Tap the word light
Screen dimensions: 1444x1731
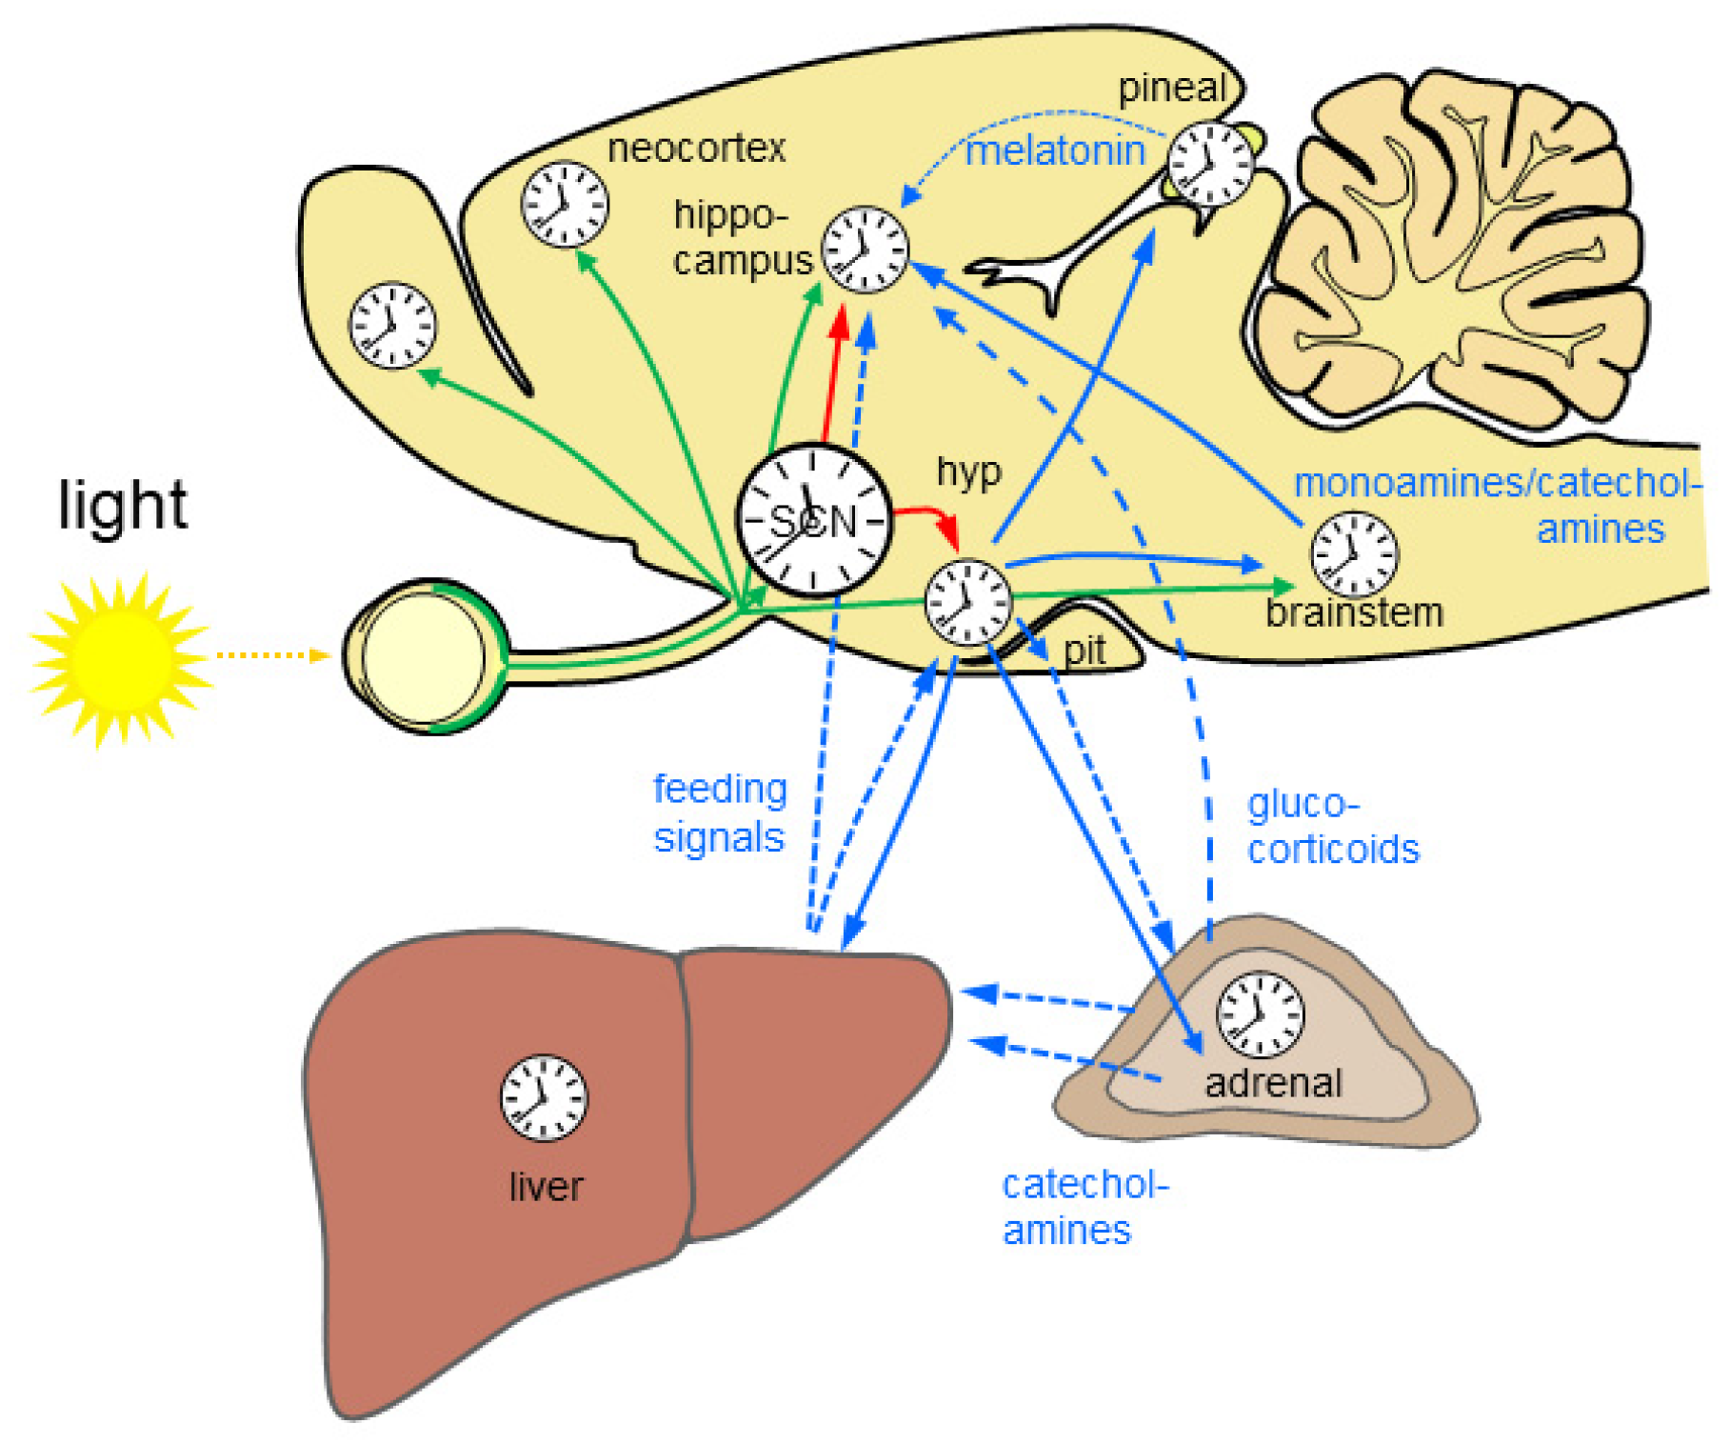(x=123, y=505)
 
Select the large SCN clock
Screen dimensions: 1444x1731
(x=814, y=520)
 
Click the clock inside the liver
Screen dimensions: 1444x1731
(x=544, y=1097)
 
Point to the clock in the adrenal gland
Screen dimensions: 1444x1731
(x=1260, y=1014)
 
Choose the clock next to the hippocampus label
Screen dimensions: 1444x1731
(x=865, y=250)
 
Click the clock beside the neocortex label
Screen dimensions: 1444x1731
(x=565, y=204)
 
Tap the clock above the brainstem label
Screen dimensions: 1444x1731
(x=1354, y=554)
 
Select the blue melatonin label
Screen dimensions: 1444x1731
(x=1055, y=151)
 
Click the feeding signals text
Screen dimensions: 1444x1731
(x=720, y=813)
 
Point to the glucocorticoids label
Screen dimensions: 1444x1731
(x=1332, y=826)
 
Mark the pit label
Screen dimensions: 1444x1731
(x=1084, y=652)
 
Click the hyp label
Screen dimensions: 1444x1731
(x=969, y=472)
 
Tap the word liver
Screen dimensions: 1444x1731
(x=546, y=1187)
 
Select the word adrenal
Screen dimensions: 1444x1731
(x=1273, y=1083)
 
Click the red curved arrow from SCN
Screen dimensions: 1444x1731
(x=928, y=519)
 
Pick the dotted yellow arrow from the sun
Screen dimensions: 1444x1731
(x=271, y=655)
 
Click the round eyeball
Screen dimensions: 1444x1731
(x=424, y=656)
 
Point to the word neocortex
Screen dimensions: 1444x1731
(x=696, y=149)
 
